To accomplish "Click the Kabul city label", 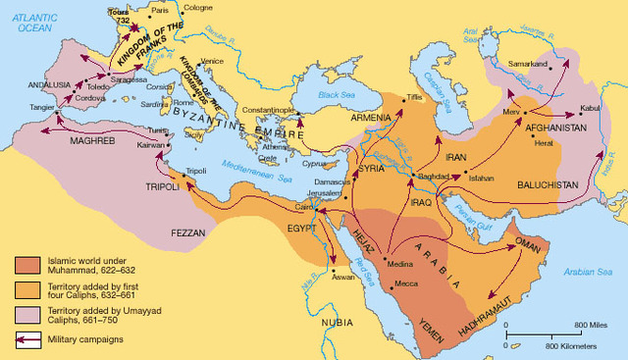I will tap(592, 108).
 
